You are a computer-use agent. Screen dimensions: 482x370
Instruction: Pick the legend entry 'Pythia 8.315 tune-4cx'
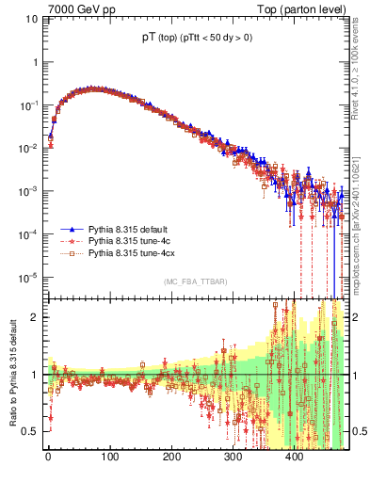(x=133, y=253)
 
